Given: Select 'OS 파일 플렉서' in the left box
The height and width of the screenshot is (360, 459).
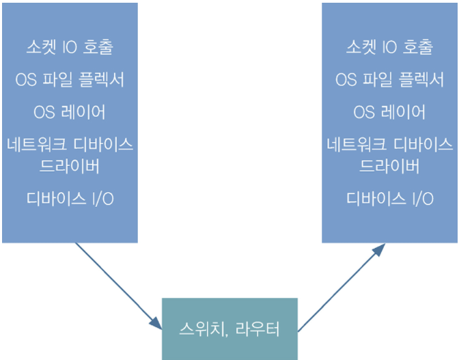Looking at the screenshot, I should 70,80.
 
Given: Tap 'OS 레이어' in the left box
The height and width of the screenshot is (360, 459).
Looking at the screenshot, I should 70,112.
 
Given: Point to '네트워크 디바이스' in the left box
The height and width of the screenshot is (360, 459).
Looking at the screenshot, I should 70,146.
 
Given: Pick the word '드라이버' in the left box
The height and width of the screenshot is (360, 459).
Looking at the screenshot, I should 70,166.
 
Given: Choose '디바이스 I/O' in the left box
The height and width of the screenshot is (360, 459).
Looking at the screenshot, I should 70,199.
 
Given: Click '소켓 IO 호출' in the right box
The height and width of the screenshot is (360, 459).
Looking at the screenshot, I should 389,48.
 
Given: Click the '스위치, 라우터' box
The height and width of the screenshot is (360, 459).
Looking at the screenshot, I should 229,329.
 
